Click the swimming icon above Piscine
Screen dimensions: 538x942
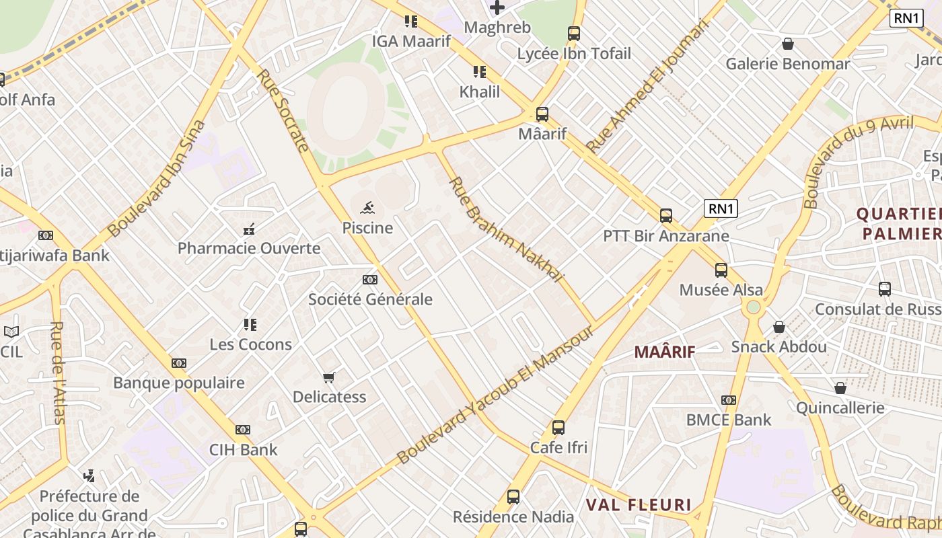(x=367, y=208)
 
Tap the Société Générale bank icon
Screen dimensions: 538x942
(x=369, y=280)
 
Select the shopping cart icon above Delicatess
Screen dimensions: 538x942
(x=329, y=377)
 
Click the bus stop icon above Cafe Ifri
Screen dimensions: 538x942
(x=558, y=427)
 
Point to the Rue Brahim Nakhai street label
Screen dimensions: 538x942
(x=505, y=229)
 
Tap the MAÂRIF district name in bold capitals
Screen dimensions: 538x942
(x=665, y=351)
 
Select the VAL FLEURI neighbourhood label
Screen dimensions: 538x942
(x=639, y=505)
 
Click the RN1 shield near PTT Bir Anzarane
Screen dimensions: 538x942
(x=721, y=208)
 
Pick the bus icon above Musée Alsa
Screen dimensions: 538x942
(x=721, y=270)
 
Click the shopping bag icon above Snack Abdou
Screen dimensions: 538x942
(x=778, y=327)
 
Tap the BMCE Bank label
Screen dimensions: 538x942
(x=729, y=420)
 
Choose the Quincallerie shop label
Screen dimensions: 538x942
(x=840, y=408)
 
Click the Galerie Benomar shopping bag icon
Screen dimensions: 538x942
(x=787, y=44)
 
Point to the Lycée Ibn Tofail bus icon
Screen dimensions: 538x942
(x=574, y=34)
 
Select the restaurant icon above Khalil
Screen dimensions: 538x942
(x=479, y=72)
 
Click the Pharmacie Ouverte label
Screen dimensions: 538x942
(x=249, y=248)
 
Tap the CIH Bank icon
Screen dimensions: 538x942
(x=243, y=430)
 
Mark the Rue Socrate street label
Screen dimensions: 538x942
(x=283, y=110)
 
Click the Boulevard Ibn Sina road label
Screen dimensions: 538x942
(x=156, y=179)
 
